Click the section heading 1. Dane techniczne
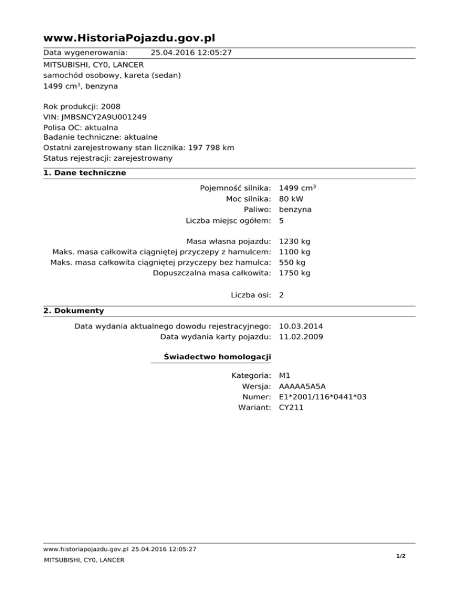[84, 173]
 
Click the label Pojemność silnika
[236, 189]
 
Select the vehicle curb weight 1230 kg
[295, 241]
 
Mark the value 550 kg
[292, 263]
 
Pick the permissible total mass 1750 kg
[295, 273]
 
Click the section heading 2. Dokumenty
[74, 311]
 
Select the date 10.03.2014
[301, 327]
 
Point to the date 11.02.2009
[301, 338]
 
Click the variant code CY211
[292, 408]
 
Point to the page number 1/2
[401, 556]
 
